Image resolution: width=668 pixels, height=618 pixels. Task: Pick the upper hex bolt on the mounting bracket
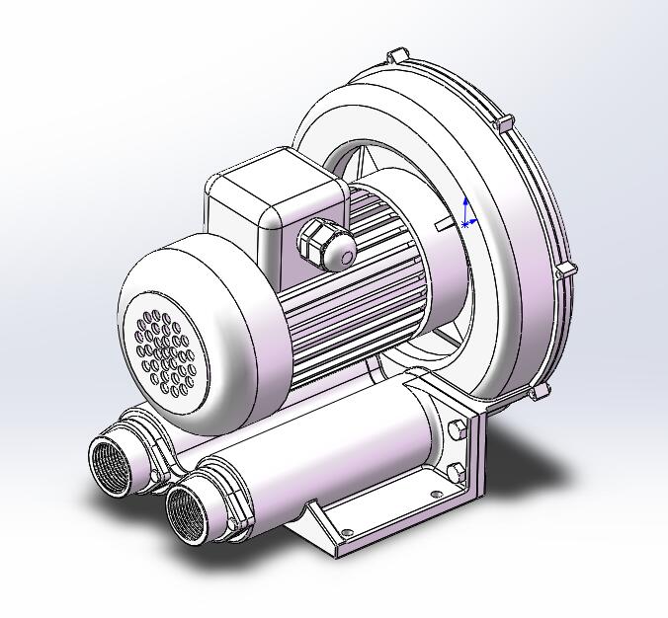coord(458,430)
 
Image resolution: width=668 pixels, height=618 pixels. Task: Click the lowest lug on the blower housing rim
coord(538,393)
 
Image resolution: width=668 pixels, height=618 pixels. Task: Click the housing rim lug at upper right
coord(506,123)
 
